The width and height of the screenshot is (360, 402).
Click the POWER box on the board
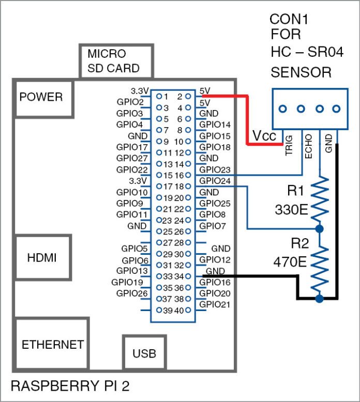click(41, 97)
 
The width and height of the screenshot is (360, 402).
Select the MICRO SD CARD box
click(116, 61)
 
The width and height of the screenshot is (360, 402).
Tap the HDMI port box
click(41, 257)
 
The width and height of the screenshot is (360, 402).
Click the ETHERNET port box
click(52, 345)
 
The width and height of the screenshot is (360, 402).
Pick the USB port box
click(144, 354)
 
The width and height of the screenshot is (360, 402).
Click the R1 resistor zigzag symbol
click(320, 199)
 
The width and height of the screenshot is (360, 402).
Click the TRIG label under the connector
click(289, 146)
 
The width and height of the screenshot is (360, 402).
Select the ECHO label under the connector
click(308, 146)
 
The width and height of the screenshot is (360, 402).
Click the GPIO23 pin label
click(215, 169)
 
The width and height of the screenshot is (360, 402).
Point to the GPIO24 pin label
click(215, 181)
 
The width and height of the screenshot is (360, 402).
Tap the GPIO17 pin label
click(132, 147)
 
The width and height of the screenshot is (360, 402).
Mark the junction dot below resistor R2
click(320, 299)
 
